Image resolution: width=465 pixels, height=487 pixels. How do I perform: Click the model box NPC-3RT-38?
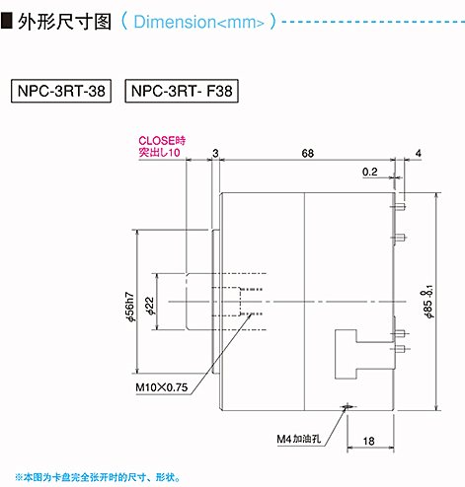(x=61, y=91)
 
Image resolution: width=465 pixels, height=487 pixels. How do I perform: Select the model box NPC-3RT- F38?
(x=182, y=91)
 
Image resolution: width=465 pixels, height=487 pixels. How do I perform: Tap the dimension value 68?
(x=308, y=153)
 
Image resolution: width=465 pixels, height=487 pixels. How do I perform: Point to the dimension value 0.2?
(x=370, y=172)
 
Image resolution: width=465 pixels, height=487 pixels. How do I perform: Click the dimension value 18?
(x=368, y=441)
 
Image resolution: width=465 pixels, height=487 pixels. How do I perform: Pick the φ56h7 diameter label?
(x=130, y=307)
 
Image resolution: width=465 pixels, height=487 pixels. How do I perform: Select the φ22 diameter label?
(x=150, y=307)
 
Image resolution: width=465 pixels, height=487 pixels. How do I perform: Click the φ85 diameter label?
(x=428, y=302)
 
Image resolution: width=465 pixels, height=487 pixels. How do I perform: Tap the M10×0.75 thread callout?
(x=162, y=387)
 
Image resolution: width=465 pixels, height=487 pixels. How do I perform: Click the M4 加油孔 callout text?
(x=299, y=439)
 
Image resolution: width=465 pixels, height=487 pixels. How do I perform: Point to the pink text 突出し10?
(x=159, y=152)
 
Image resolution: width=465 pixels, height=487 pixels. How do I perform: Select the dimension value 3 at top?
(x=215, y=153)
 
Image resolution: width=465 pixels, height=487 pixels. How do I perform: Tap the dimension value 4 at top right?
(x=419, y=153)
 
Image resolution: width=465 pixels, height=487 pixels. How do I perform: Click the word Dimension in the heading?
(x=175, y=22)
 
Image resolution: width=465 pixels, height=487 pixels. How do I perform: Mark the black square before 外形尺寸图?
(x=7, y=21)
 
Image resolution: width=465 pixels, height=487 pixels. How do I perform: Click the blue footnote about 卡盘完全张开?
(x=98, y=477)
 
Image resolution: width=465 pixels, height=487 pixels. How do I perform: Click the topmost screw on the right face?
(x=399, y=207)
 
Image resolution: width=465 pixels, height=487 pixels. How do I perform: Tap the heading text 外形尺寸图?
(x=65, y=22)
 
